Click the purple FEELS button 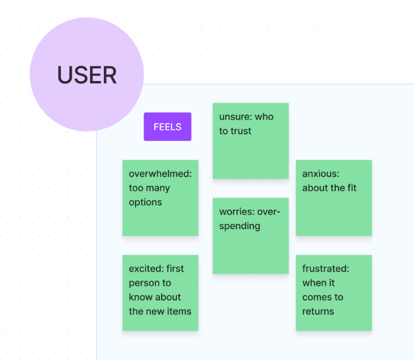(x=167, y=126)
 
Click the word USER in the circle (x=87, y=75)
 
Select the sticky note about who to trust (x=251, y=141)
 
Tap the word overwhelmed (x=160, y=173)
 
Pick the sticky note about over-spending (x=251, y=236)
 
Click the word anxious (x=320, y=173)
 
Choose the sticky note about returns (x=333, y=293)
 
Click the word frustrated (x=326, y=269)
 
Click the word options (x=145, y=203)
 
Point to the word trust (x=240, y=131)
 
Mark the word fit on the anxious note (x=352, y=188)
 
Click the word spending (x=239, y=226)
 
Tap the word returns (x=318, y=311)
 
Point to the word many (x=159, y=188)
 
